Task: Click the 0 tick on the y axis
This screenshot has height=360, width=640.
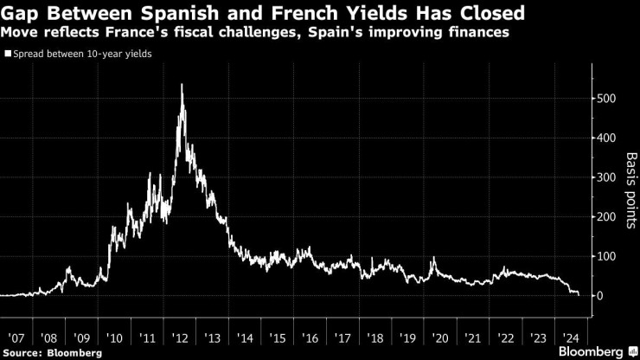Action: click(x=599, y=296)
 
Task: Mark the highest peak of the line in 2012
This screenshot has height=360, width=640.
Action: click(x=182, y=85)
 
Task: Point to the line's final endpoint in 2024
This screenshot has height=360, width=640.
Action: click(x=579, y=295)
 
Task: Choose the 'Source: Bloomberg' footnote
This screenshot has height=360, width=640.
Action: click(x=52, y=352)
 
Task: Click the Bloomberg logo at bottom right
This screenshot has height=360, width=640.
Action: click(x=592, y=351)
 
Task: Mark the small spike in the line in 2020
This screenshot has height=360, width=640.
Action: click(x=432, y=259)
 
